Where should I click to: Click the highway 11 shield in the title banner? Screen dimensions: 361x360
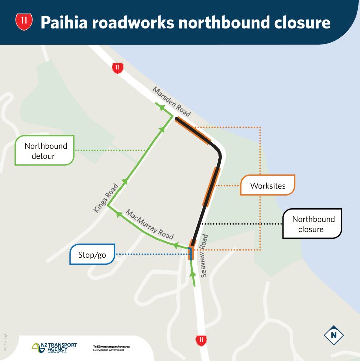click(x=24, y=22)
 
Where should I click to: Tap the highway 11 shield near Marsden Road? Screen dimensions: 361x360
click(x=117, y=68)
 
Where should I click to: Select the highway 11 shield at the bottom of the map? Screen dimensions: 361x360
click(x=201, y=340)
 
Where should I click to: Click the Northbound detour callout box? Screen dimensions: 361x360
click(x=45, y=150)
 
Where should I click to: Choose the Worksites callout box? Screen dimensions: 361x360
click(x=268, y=186)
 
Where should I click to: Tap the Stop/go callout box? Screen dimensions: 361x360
click(x=93, y=254)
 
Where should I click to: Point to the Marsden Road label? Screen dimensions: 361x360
click(x=171, y=101)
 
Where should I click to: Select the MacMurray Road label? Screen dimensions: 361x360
click(x=149, y=224)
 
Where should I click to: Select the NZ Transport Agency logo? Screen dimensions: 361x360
click(x=55, y=347)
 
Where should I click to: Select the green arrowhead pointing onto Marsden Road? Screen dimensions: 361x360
click(x=160, y=107)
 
